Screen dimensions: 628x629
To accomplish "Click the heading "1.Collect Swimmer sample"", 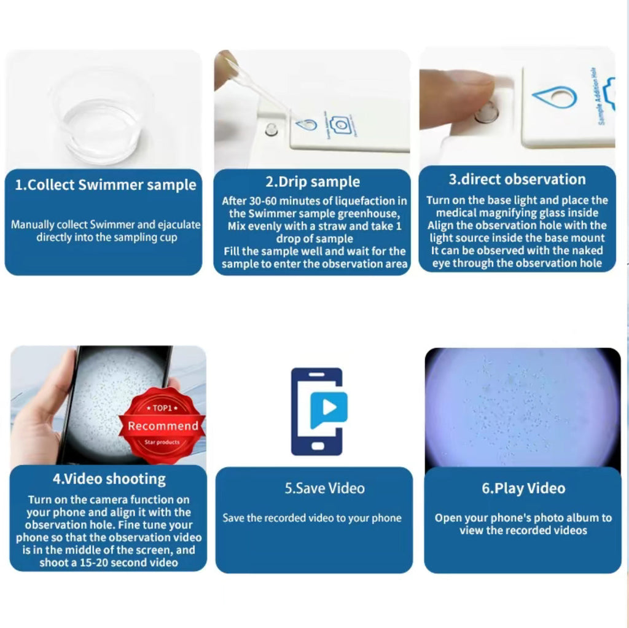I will (105, 185).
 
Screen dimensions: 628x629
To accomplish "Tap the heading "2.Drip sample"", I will (313, 182).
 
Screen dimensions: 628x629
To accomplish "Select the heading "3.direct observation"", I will (517, 179).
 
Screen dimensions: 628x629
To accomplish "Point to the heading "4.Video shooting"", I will (108, 478).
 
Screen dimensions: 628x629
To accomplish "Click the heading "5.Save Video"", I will (324, 489).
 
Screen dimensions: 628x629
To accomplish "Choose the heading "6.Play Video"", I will (523, 489).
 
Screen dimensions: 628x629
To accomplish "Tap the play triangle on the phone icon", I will (330, 407).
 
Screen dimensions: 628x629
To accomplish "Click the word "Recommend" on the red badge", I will (163, 426).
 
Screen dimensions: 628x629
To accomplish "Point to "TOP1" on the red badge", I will (163, 408).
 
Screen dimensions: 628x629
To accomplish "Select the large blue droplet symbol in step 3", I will (554, 97).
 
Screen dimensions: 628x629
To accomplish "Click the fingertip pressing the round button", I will (467, 98).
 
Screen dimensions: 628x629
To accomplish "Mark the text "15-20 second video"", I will (108, 562).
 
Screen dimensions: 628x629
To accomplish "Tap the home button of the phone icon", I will (316, 445).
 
